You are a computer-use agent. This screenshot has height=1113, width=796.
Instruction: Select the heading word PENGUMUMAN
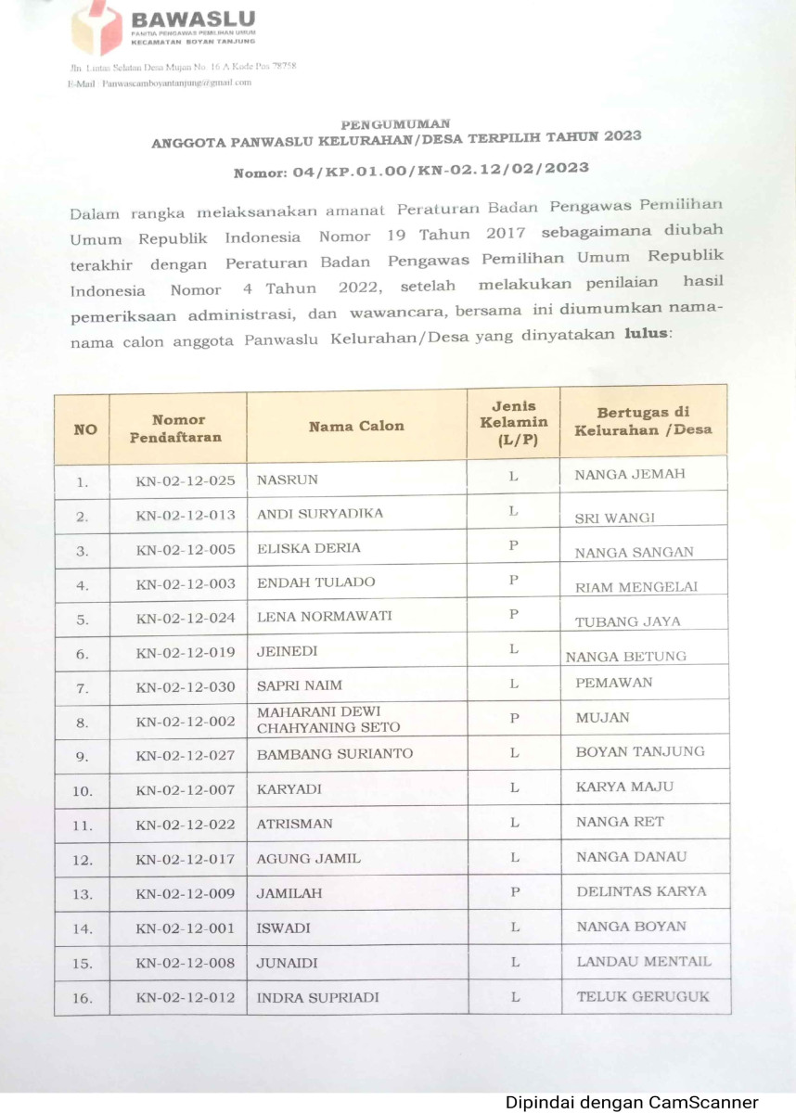(x=395, y=123)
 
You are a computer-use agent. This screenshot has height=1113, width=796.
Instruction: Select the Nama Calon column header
(x=356, y=426)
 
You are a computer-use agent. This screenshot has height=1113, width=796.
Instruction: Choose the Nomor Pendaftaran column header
(x=177, y=428)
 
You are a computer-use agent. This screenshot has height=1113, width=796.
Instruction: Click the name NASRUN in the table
(x=287, y=480)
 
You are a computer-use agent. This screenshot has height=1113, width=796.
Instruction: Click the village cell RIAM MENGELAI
(x=636, y=586)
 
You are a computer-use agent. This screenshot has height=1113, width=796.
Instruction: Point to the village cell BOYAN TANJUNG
(x=640, y=751)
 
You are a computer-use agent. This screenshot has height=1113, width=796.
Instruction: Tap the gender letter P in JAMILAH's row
(x=513, y=891)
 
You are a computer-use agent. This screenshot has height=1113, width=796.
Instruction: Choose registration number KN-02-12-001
(x=186, y=927)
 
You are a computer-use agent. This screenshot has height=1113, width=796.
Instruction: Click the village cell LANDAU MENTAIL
(x=644, y=961)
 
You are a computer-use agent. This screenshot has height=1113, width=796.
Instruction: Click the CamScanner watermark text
(x=632, y=1102)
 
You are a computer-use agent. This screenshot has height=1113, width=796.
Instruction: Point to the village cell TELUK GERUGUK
(x=643, y=996)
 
